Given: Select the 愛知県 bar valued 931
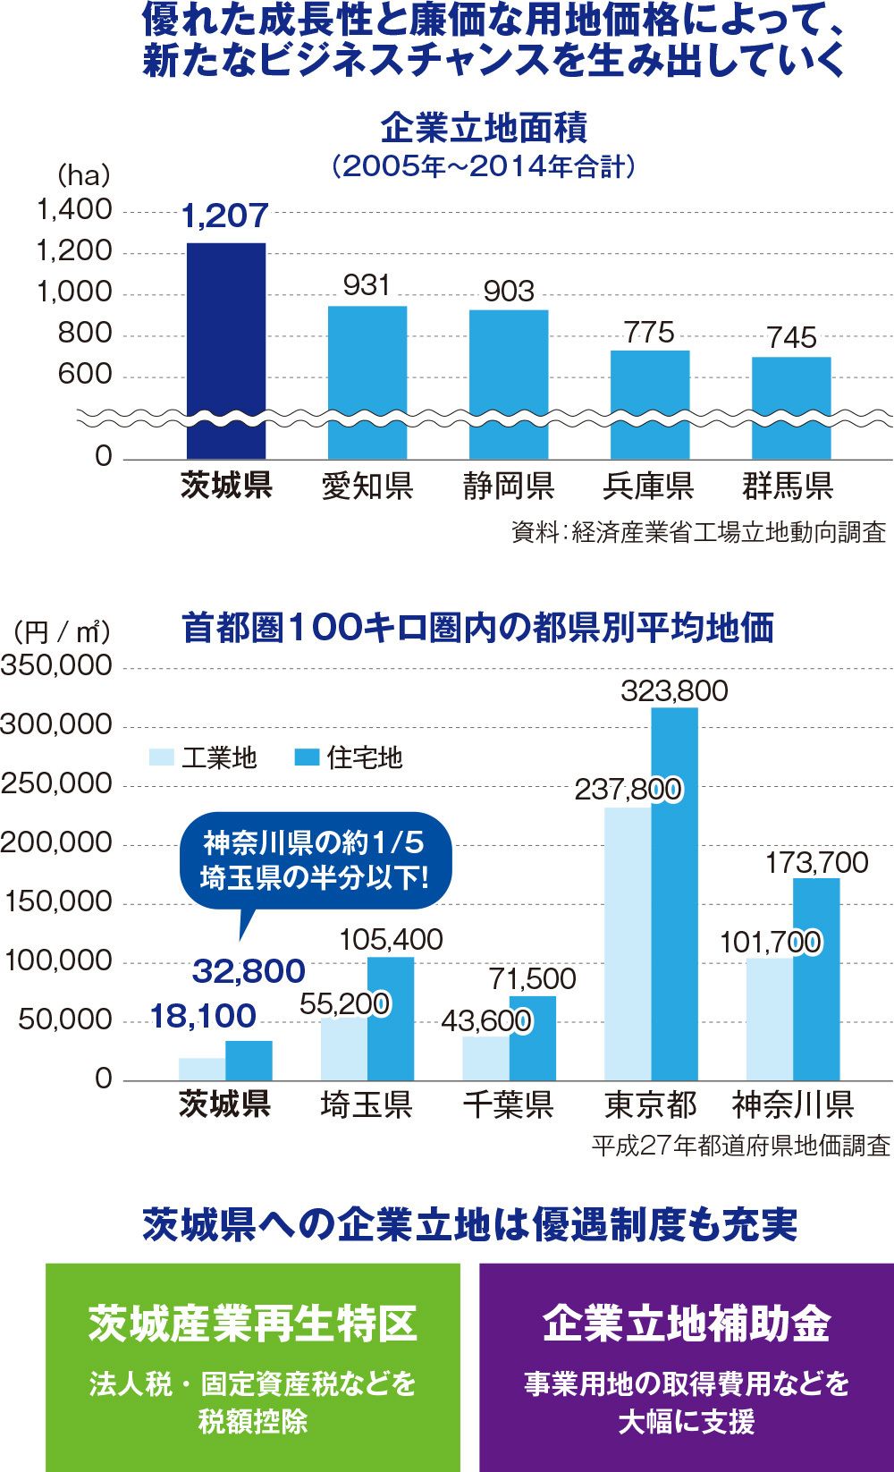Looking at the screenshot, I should (367, 382).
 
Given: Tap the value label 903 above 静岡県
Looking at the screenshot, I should (509, 292).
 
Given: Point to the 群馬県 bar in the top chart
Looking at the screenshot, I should (791, 407).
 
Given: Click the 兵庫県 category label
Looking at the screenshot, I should (649, 486).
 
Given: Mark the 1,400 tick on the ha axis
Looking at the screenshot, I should (74, 210).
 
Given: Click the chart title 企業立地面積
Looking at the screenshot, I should (484, 128).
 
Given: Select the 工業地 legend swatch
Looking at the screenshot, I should (161, 757).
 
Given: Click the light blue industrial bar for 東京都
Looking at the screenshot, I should (628, 943).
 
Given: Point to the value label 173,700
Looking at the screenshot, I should (816, 862).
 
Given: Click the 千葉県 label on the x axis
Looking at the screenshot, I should (508, 1105).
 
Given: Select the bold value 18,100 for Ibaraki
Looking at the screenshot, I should (203, 1016).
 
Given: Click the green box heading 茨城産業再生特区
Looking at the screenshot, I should (253, 1324).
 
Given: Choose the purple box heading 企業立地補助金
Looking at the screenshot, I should (687, 1324).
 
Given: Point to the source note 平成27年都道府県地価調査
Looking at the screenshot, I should (740, 1146).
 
